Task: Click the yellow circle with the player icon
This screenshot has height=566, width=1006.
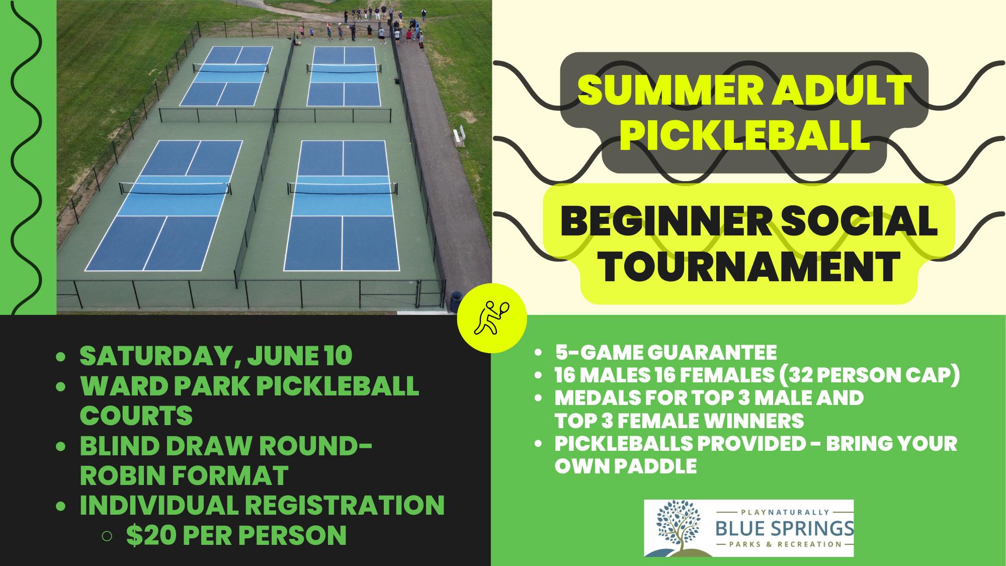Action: (x=491, y=318)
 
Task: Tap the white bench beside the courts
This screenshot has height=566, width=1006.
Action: (x=458, y=136)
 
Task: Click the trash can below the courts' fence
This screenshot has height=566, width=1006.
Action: (x=455, y=301)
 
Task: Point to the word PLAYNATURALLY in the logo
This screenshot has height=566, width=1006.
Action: (x=784, y=512)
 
